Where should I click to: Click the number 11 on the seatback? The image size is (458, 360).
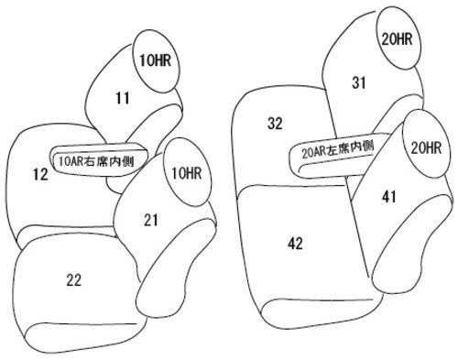123,98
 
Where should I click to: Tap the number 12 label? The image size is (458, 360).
40,174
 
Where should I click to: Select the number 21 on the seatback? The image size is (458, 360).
151,220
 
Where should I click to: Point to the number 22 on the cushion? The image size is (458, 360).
74,279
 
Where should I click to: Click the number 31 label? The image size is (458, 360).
359,82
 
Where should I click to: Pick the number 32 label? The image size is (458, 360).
275,124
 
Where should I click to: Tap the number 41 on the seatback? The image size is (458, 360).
389,197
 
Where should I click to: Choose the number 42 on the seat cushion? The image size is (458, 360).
295,244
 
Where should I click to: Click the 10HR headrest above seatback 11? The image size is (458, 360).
156,61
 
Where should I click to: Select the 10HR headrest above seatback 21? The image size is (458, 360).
187,172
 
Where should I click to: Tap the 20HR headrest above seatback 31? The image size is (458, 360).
398,39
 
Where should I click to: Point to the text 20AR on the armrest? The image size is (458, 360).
314,152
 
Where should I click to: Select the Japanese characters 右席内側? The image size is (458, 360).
109,161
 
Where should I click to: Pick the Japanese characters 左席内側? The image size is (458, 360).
351,148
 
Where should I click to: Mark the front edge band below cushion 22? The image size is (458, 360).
82,337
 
